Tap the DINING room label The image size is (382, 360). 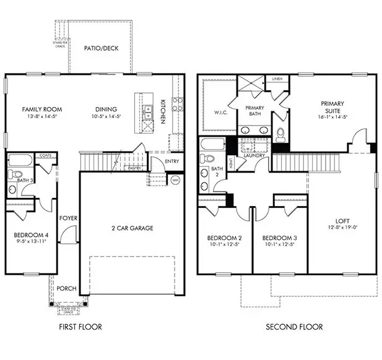pyautogui.click(x=106, y=109)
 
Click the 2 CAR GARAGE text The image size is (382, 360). pyautogui.click(x=132, y=228)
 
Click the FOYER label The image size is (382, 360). pyautogui.click(x=67, y=218)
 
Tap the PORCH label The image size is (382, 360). pyautogui.click(x=66, y=288)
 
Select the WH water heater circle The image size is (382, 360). pyautogui.click(x=175, y=181)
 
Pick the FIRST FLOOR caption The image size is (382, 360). pyautogui.click(x=81, y=327)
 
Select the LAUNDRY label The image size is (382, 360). pyautogui.click(x=254, y=156)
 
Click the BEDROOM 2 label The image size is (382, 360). pyautogui.click(x=224, y=238)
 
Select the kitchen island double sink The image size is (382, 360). pyautogui.click(x=149, y=111)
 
